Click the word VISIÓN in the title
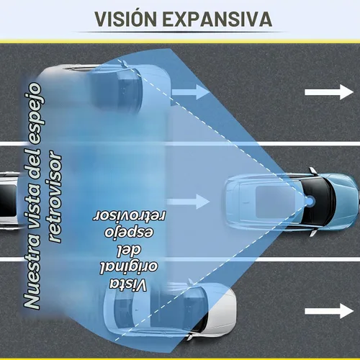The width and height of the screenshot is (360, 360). click(x=126, y=19)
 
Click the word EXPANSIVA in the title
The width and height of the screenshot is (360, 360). click(x=217, y=19)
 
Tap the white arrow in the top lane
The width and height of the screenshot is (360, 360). click(x=329, y=92)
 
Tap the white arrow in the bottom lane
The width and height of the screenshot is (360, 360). click(x=329, y=311)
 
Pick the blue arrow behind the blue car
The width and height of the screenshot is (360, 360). click(x=189, y=202)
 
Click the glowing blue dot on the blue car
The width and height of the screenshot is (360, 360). click(x=310, y=201)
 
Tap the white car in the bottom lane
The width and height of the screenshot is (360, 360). click(x=170, y=310)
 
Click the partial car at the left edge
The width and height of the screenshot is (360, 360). click(x=9, y=201)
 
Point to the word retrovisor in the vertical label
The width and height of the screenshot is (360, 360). click(x=55, y=197)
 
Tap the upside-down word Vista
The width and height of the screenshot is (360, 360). click(x=128, y=285)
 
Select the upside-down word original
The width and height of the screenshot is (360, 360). click(x=129, y=267)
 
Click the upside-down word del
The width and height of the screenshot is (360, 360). click(x=129, y=251)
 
